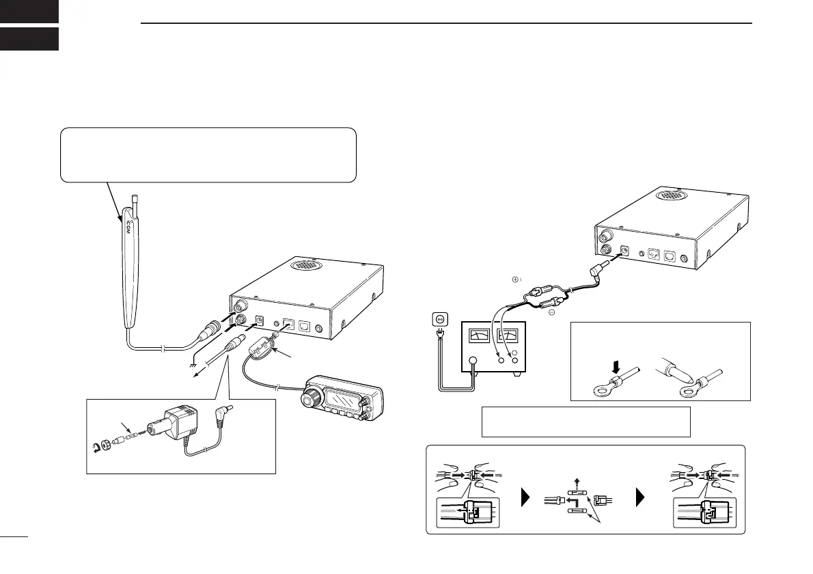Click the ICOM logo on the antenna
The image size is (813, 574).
pos(127,228)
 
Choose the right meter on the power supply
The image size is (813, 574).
pos(508,335)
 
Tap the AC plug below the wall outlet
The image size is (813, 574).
pos(439,338)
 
